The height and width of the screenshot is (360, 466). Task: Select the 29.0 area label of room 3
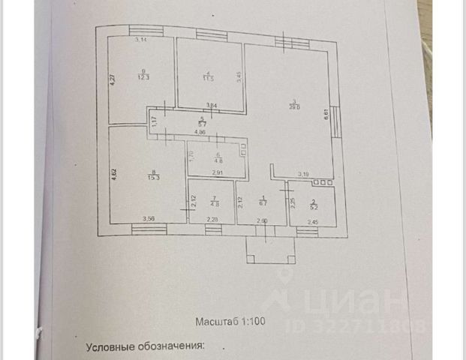296,107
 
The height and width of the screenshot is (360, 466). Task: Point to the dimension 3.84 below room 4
212,106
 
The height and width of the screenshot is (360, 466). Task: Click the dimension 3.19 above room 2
302,174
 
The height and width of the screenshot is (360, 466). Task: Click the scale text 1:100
253,322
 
